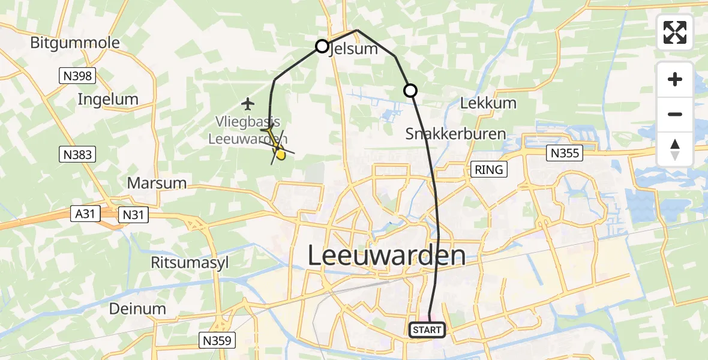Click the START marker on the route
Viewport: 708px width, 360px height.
[x=427, y=329]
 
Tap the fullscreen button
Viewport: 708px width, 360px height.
[x=675, y=32]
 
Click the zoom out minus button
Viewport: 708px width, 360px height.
[x=675, y=114]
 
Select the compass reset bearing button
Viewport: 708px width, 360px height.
[x=675, y=149]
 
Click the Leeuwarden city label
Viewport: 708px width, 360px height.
[x=386, y=256]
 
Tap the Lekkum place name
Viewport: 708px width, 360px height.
[x=488, y=103]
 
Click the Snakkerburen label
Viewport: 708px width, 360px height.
[x=455, y=134]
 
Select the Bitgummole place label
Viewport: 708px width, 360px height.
[x=75, y=43]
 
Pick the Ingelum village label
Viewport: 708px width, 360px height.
[x=108, y=100]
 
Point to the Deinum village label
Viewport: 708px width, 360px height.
[x=137, y=309]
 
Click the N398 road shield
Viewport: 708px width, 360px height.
[x=77, y=75]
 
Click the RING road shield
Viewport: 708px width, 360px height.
[x=488, y=170]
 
